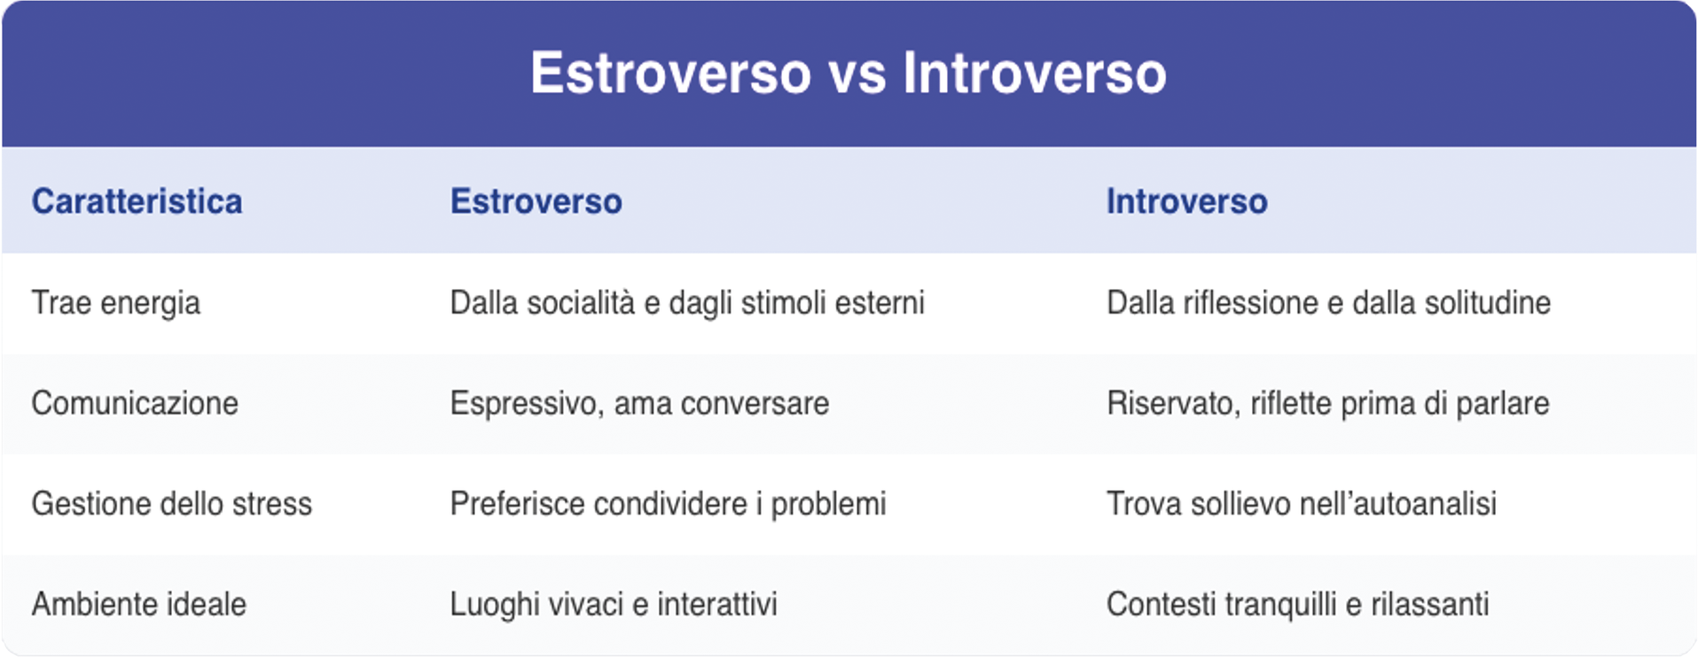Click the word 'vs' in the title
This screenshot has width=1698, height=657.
tap(857, 74)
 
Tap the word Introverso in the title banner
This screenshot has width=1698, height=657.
tap(1034, 74)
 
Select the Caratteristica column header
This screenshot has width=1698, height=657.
tap(137, 201)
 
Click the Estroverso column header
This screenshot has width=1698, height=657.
tap(536, 201)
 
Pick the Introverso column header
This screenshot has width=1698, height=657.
tap(1186, 201)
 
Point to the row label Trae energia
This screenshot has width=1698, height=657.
tap(115, 303)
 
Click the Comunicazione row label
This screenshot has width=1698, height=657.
tap(135, 403)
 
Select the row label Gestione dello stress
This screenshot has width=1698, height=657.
tap(171, 504)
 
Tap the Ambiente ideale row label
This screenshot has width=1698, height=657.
tap(138, 605)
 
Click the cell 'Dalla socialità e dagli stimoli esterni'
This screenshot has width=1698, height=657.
tap(686, 303)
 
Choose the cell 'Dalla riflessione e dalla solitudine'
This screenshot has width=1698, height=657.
tap(1327, 303)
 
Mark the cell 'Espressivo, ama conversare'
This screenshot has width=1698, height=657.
tap(638, 403)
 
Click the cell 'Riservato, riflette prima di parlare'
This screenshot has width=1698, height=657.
tap(1327, 403)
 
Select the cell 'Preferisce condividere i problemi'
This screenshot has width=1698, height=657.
tap(667, 504)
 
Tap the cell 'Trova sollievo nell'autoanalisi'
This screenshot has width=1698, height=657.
tap(1301, 504)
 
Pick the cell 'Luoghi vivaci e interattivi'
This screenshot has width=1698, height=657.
tap(613, 605)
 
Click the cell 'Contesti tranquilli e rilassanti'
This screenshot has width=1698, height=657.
tap(1296, 605)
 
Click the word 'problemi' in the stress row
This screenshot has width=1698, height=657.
tap(828, 504)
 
